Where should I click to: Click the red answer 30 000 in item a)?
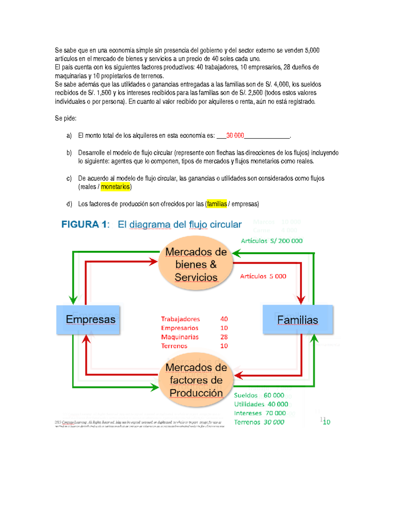pos(235,136)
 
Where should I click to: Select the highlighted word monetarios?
pos(115,187)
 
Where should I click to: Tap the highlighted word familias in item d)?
pos(217,204)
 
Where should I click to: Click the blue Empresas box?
pos(88,319)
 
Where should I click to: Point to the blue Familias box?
pos(297,319)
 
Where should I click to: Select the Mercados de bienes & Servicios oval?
pos(196,264)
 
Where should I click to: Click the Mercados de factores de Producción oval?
pos(196,380)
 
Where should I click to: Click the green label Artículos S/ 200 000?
pos(272,241)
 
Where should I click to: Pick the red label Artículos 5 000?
pos(263,276)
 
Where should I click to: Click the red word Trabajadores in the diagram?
pos(181,319)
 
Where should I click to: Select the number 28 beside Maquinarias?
pos(224,337)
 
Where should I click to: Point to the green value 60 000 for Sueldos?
pos(274,395)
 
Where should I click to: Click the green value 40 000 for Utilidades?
pos(278,404)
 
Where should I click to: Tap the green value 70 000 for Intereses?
pos(276,413)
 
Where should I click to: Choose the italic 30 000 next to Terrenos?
pos(274,422)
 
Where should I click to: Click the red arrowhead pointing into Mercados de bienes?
pos(153,262)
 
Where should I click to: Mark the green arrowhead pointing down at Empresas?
pos(73,299)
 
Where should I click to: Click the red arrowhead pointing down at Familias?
pos(301,299)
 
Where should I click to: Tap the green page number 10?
pos(327,422)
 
